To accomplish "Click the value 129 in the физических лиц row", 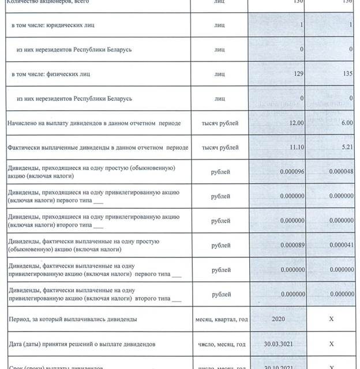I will pyautogui.click(x=296, y=74).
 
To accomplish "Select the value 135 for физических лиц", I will pyautogui.click(x=347, y=74).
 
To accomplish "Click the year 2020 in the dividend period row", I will pyautogui.click(x=277, y=319).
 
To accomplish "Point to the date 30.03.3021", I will pyautogui.click(x=277, y=344).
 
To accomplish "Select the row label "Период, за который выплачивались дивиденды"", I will pyautogui.click(x=72, y=319).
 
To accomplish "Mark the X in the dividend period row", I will pyautogui.click(x=331, y=319).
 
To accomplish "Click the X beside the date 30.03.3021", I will pyautogui.click(x=331, y=344).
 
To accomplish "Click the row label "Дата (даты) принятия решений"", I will pyautogui.click(x=81, y=344).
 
